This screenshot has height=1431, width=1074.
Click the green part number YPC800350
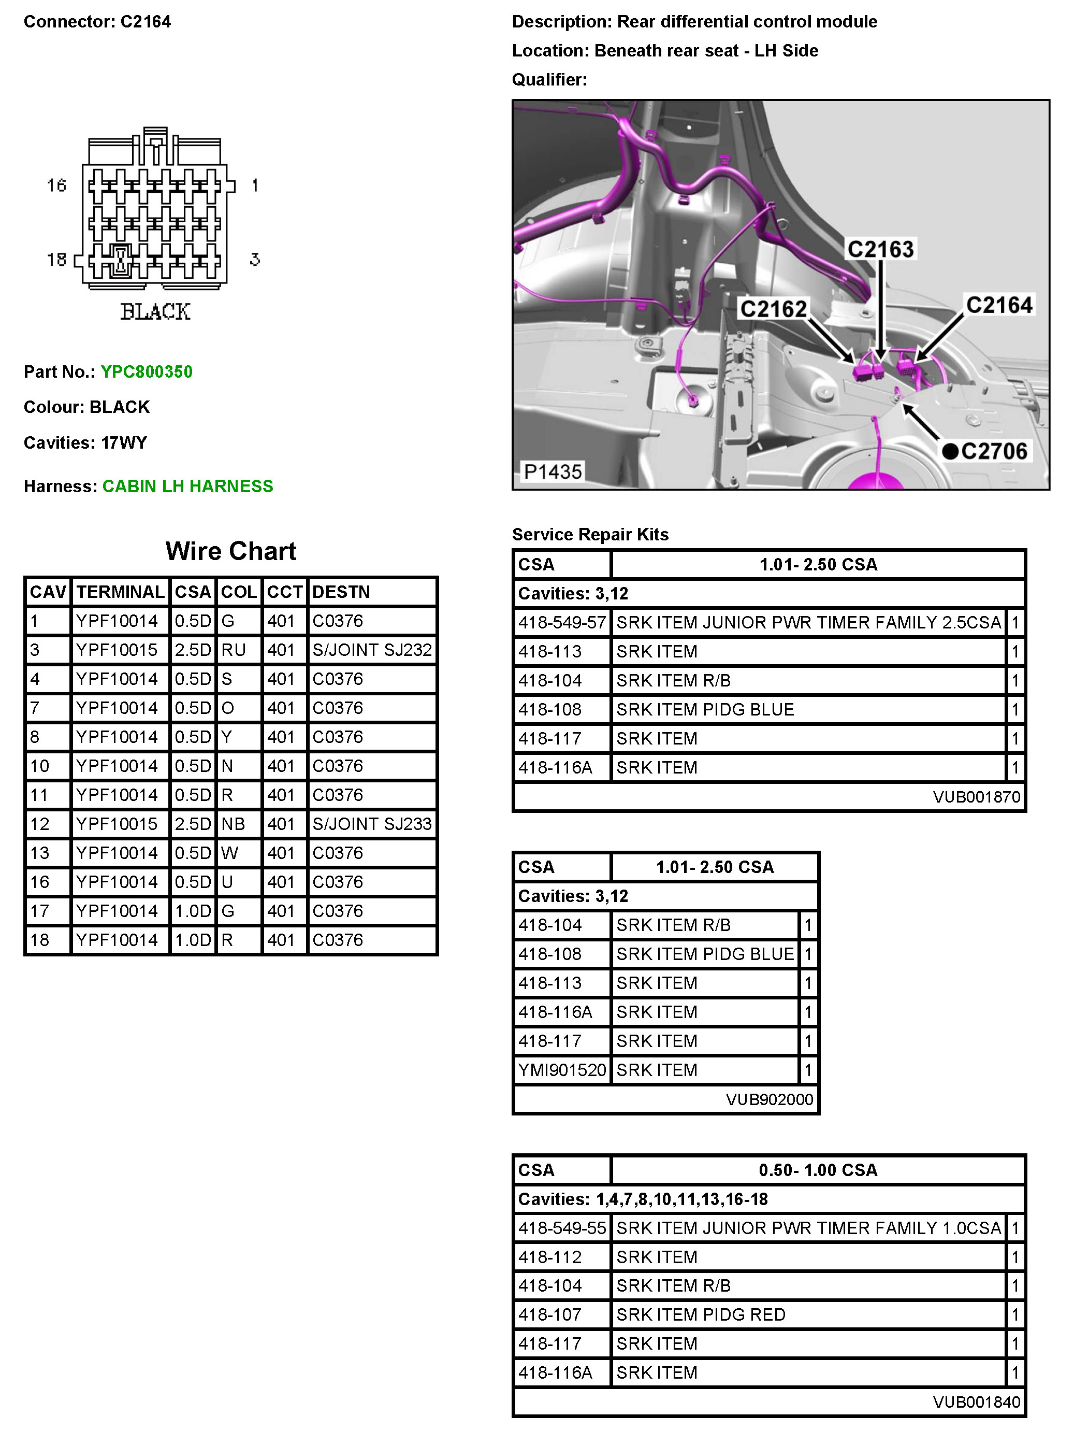coord(146,371)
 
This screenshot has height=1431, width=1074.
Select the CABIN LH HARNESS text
coord(187,486)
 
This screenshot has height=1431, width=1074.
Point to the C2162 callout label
coord(773,309)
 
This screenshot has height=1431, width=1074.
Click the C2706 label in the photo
coord(993,451)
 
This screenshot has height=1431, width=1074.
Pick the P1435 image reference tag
coord(552,471)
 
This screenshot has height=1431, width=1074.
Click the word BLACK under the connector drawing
coord(155,312)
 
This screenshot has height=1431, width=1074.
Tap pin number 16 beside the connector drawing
coord(56,185)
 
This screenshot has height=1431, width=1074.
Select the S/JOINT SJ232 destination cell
coord(372,650)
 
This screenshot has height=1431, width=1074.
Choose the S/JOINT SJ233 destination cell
coord(372,824)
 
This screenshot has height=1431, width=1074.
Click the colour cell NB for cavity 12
coord(234,824)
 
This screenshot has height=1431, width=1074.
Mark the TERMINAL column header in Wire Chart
coord(120,592)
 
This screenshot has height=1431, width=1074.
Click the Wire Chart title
coord(231,551)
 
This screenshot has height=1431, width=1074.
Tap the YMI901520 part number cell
coord(562,1070)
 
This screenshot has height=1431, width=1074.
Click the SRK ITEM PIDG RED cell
coord(700,1314)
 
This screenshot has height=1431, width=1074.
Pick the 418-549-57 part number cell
coord(562,622)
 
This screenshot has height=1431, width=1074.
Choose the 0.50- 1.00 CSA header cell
coord(818,1170)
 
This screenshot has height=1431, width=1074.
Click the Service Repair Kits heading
coord(590,534)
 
